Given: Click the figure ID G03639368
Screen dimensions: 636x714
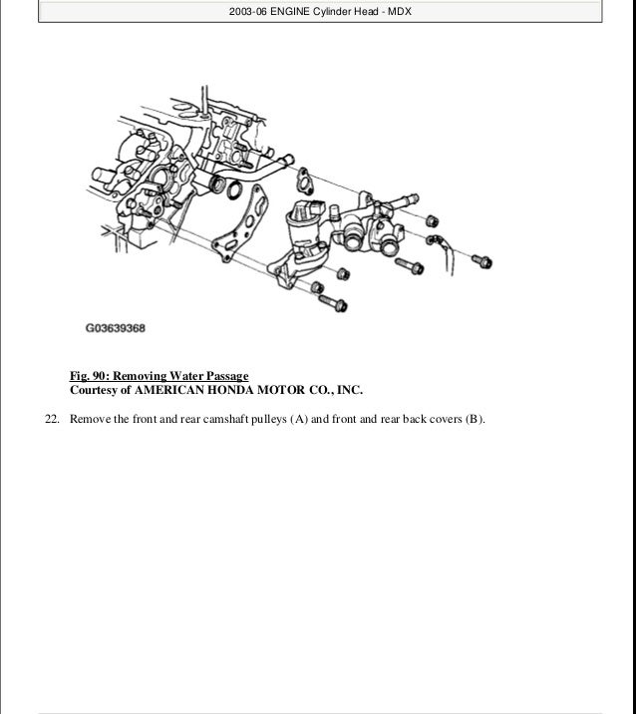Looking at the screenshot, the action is coord(116,328).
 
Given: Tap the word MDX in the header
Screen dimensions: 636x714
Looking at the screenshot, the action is coord(400,11).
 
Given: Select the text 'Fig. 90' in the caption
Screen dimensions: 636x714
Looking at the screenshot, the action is coord(88,376).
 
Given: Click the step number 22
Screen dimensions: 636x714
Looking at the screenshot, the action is coord(53,419).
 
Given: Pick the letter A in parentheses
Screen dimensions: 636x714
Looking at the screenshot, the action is coord(299,419).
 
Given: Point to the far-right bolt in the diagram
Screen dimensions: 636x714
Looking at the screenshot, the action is coord(482,261).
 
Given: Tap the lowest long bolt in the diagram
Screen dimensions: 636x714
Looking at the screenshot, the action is coord(333,303).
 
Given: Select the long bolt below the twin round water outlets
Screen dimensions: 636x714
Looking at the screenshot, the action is coord(410,265).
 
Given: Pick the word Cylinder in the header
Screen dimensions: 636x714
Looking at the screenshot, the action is coord(332,11).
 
